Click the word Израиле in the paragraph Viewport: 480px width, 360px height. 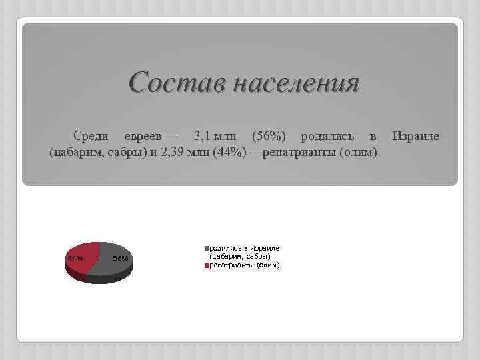click(415, 137)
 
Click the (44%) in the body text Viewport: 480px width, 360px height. click(231, 154)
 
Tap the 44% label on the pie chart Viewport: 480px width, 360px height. click(75, 258)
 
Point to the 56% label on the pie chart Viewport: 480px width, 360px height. click(121, 258)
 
